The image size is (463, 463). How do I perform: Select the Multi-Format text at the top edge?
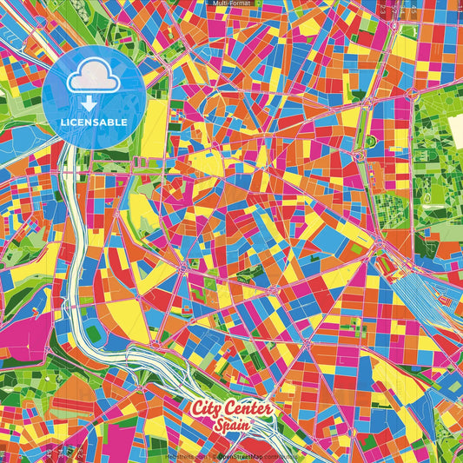click(x=231, y=3)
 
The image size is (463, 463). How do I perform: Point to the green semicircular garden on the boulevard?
click(x=371, y=140)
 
